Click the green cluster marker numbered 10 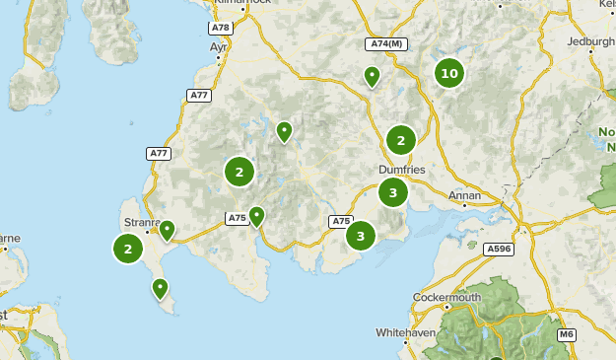click(449, 73)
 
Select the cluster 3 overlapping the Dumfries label click(393, 192)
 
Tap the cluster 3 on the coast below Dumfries click(361, 235)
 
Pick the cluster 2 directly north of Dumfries click(400, 140)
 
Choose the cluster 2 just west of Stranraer click(128, 249)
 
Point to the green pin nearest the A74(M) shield click(373, 76)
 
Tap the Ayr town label click(218, 46)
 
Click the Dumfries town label click(402, 170)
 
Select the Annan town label click(464, 195)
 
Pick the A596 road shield click(500, 250)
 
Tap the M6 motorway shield click(566, 335)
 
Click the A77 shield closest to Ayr click(199, 95)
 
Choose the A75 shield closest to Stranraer click(237, 218)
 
